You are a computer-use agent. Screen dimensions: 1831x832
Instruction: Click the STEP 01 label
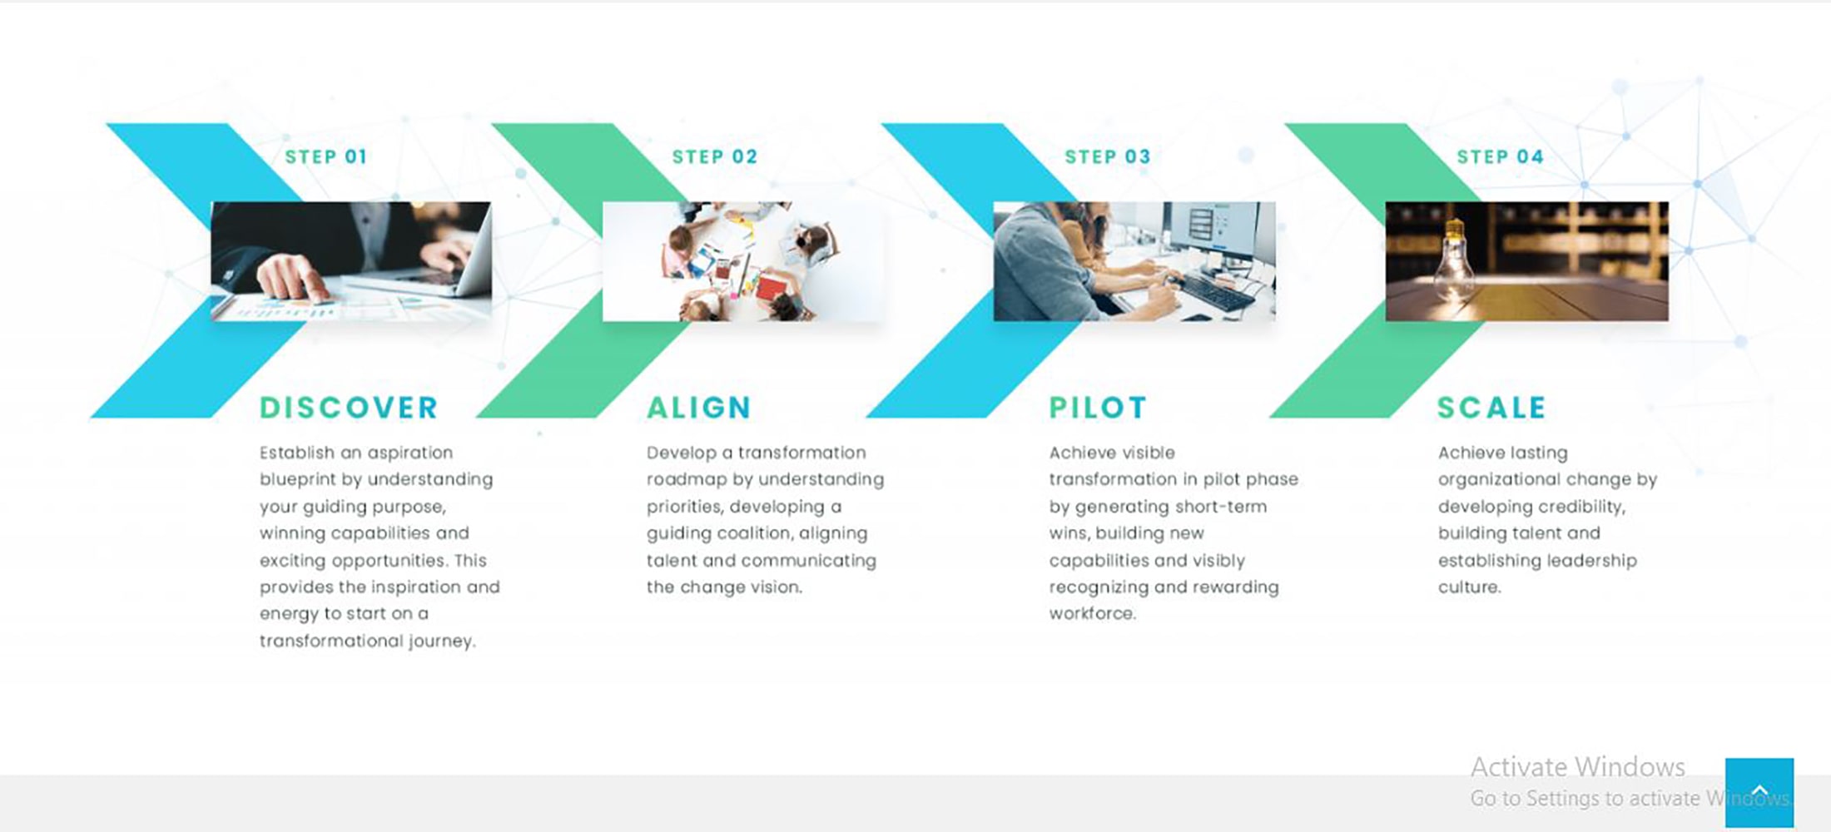point(325,156)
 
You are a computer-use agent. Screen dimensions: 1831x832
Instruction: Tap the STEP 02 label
point(715,156)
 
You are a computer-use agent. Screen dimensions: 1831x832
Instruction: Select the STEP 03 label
point(1108,156)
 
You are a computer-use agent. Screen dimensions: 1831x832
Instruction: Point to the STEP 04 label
point(1500,156)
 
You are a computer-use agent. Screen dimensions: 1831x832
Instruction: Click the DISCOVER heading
point(349,408)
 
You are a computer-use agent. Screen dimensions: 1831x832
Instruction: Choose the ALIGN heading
point(699,408)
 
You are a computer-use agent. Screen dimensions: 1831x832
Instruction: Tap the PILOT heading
point(1098,408)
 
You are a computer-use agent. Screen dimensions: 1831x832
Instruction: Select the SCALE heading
point(1491,408)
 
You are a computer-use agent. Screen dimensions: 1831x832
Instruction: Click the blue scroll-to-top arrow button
point(1759,792)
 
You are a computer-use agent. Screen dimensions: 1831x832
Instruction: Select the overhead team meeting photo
point(743,261)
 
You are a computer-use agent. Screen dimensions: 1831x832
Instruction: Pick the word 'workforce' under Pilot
point(1092,614)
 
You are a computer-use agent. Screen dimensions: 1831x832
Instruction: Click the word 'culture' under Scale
point(1470,587)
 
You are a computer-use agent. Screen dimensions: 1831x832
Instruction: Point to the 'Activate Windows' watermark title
point(1578,766)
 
